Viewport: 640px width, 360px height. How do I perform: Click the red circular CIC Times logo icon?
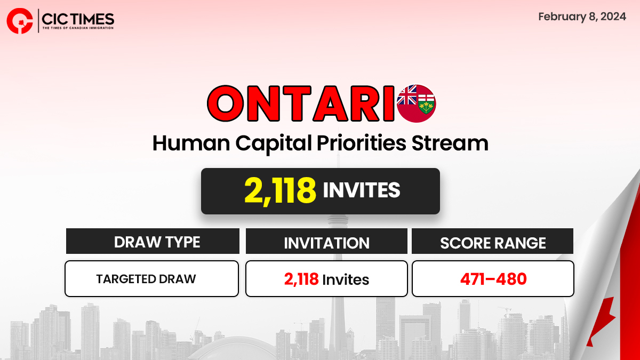(19, 21)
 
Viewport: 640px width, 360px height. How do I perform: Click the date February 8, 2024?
(582, 17)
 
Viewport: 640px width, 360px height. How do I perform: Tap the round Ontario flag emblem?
(417, 103)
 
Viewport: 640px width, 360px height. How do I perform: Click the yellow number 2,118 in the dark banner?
(280, 190)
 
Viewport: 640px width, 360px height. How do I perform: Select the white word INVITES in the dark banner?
(362, 190)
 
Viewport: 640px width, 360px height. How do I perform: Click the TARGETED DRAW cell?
(146, 279)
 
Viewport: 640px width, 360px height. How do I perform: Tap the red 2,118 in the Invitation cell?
(301, 279)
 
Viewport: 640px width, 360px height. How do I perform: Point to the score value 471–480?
(493, 279)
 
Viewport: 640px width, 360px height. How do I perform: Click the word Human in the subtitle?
(191, 143)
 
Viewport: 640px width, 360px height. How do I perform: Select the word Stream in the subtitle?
(450, 143)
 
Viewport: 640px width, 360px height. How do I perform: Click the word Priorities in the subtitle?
(362, 143)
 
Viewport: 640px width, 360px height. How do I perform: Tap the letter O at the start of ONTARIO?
(226, 103)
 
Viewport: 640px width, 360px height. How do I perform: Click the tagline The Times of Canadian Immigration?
(78, 28)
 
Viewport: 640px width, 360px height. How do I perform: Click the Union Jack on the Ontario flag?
(407, 95)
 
